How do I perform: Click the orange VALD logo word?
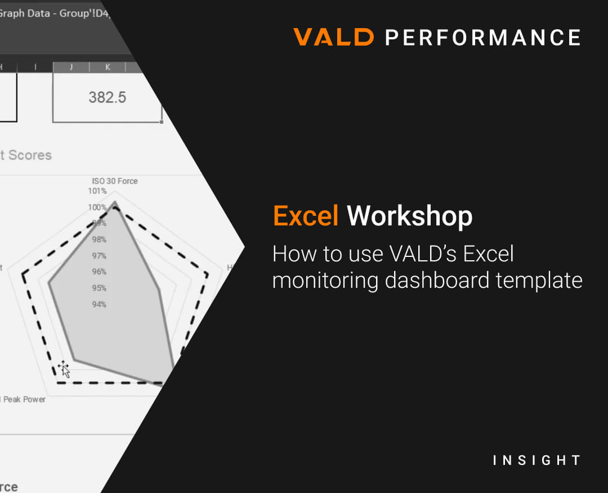333,38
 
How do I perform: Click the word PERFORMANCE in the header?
482,38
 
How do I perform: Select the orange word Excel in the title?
306,216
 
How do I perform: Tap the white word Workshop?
409,216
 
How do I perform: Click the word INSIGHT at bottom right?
536,460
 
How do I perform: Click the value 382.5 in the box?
107,97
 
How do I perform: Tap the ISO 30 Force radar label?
115,181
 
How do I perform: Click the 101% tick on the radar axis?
97,191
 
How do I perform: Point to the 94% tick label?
99,305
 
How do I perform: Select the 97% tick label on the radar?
99,256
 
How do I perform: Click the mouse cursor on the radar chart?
64,369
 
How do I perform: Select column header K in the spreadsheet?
108,67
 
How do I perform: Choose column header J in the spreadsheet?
71,67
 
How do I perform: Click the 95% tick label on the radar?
99,288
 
